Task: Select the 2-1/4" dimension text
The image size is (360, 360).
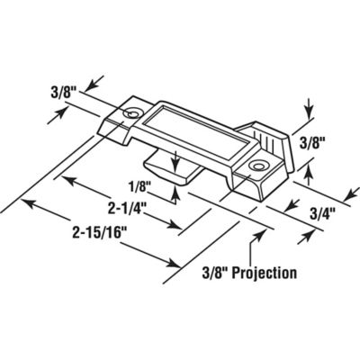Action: click(x=130, y=207)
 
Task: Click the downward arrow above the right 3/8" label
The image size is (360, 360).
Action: click(x=308, y=116)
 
